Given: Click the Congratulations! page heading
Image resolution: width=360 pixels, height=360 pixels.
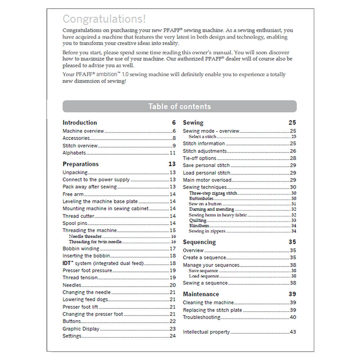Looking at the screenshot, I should point(104,19).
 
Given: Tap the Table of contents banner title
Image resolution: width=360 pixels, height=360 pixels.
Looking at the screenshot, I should point(180,107).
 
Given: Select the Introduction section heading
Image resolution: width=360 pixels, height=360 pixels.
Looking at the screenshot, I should point(80,123).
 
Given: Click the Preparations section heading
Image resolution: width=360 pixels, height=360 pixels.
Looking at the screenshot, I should point(81,164).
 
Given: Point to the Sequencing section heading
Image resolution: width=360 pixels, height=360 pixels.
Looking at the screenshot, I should point(199,242).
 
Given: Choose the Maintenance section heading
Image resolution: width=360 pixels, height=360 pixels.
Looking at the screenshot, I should point(201,294).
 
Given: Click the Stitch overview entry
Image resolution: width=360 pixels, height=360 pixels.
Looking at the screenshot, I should point(80,146).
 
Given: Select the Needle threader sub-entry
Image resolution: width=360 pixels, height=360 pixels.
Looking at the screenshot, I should point(85,237).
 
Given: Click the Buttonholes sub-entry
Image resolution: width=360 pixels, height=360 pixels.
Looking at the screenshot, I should point(201,198).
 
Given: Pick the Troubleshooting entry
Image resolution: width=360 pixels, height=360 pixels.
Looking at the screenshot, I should point(201,317).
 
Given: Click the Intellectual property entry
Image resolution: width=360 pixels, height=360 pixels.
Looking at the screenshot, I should point(206,332).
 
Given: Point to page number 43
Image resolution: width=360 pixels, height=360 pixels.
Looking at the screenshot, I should point(293,332).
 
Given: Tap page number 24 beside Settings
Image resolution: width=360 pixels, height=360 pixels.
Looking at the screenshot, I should point(172,336).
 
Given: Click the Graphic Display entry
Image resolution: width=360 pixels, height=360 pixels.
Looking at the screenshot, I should point(81,329).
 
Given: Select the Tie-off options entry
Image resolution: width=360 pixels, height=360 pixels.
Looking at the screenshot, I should point(199,158).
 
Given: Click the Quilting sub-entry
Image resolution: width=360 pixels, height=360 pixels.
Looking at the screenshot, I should point(198,220).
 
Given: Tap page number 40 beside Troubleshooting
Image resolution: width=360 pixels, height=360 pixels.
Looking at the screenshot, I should point(293,317).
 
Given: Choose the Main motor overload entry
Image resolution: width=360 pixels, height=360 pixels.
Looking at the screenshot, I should point(207,180).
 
